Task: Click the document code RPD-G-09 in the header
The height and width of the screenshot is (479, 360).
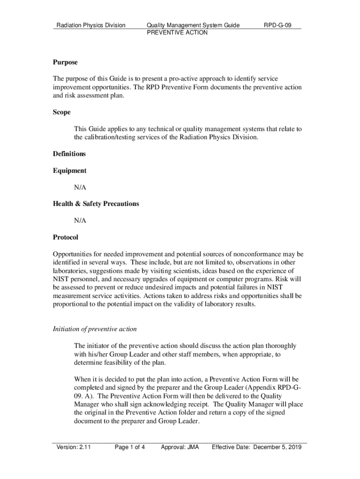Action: tap(278, 25)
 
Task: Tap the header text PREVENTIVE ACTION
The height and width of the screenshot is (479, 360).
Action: tap(177, 33)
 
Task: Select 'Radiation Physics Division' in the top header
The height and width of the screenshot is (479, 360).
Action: tap(91, 25)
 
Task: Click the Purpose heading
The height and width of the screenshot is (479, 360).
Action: tap(65, 62)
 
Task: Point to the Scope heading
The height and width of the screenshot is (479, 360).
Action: tap(62, 112)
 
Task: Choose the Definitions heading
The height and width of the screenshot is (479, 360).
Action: tap(70, 154)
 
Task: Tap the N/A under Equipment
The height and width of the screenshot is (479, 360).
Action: tap(80, 187)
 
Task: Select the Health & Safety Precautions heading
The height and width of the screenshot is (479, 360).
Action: tap(96, 204)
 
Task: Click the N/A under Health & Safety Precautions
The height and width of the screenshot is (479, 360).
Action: tap(80, 220)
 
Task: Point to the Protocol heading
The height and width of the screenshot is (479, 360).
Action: tap(65, 237)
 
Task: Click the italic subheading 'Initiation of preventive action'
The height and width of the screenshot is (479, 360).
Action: tap(95, 329)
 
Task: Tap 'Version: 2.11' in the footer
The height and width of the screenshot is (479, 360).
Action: tap(73, 447)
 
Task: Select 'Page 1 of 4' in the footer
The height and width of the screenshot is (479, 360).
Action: tap(130, 447)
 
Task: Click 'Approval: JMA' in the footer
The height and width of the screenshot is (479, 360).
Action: tap(180, 447)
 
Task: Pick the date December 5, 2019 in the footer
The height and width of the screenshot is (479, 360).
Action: tap(277, 447)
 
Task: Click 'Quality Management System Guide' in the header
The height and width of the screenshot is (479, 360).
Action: tap(193, 25)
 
